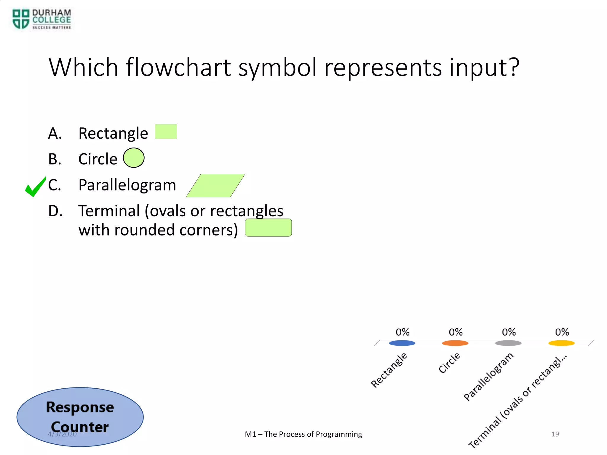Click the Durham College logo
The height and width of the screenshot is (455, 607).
pyautogui.click(x=41, y=19)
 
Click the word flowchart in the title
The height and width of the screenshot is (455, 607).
pyautogui.click(x=178, y=68)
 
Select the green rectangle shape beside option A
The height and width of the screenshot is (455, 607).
pyautogui.click(x=166, y=132)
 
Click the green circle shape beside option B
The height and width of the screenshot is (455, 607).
pyautogui.click(x=134, y=158)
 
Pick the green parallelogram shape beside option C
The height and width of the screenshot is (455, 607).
pyautogui.click(x=215, y=185)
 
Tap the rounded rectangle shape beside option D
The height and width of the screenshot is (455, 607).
pyautogui.click(x=268, y=227)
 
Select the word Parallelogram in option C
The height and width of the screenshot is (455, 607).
pyautogui.click(x=127, y=185)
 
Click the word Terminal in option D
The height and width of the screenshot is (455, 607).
pyautogui.click(x=109, y=211)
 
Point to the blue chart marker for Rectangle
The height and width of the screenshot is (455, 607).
pyautogui.click(x=402, y=343)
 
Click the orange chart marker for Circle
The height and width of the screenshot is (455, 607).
pyautogui.click(x=455, y=343)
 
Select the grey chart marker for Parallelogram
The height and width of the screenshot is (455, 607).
pyautogui.click(x=508, y=343)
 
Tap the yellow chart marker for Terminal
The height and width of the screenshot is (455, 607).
pyautogui.click(x=561, y=343)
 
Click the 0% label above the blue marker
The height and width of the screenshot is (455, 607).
pyautogui.click(x=402, y=332)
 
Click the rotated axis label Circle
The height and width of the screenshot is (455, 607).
pyautogui.click(x=449, y=363)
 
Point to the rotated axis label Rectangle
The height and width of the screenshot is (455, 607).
pyautogui.click(x=389, y=370)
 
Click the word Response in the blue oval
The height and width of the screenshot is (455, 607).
pyautogui.click(x=80, y=407)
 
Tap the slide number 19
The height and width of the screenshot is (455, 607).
pyautogui.click(x=555, y=434)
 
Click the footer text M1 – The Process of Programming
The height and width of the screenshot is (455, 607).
pyautogui.click(x=303, y=434)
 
